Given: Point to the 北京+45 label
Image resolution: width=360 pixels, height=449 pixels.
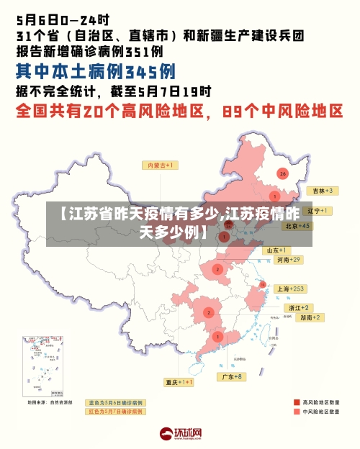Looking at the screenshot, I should point(297,225).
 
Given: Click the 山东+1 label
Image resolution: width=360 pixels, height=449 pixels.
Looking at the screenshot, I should point(277,250).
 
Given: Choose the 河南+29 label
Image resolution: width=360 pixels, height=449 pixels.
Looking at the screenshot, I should point(286,259).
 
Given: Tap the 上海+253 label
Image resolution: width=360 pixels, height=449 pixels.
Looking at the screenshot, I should point(291,288).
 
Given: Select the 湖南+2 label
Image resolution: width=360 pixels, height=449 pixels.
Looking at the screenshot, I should point(311,317).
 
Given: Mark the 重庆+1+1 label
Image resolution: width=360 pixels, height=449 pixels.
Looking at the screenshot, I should point(179,382).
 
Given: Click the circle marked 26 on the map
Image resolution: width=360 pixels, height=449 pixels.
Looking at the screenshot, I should point(282,173).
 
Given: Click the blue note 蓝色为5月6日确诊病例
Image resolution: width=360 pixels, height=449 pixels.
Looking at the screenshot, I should point(115,402).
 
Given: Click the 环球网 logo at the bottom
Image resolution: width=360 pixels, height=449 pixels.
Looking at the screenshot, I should point(180,434).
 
